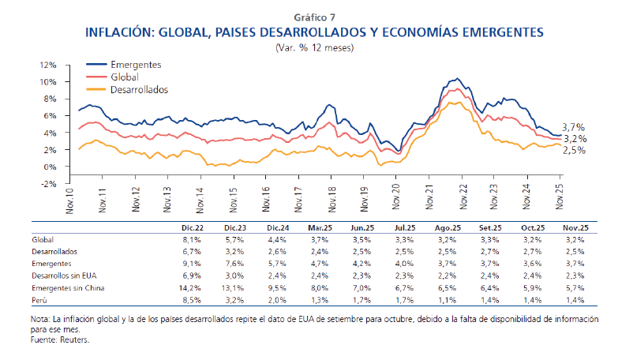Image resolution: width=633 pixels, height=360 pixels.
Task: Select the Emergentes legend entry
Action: coord(136,63)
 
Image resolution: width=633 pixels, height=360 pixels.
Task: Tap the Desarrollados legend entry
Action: coord(140,90)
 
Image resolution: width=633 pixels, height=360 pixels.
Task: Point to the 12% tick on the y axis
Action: coord(48,65)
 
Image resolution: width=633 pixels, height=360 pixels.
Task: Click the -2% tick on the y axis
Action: coord(48,183)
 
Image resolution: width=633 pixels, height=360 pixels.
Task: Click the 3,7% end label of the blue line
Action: coord(573,127)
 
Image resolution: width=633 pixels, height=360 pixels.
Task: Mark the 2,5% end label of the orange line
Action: coord(573,150)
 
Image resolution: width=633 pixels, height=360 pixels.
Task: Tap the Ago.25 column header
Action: coord(446,227)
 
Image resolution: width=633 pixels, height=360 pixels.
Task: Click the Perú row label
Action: coord(40,301)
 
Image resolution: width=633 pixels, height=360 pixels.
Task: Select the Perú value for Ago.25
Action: coord(447,301)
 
